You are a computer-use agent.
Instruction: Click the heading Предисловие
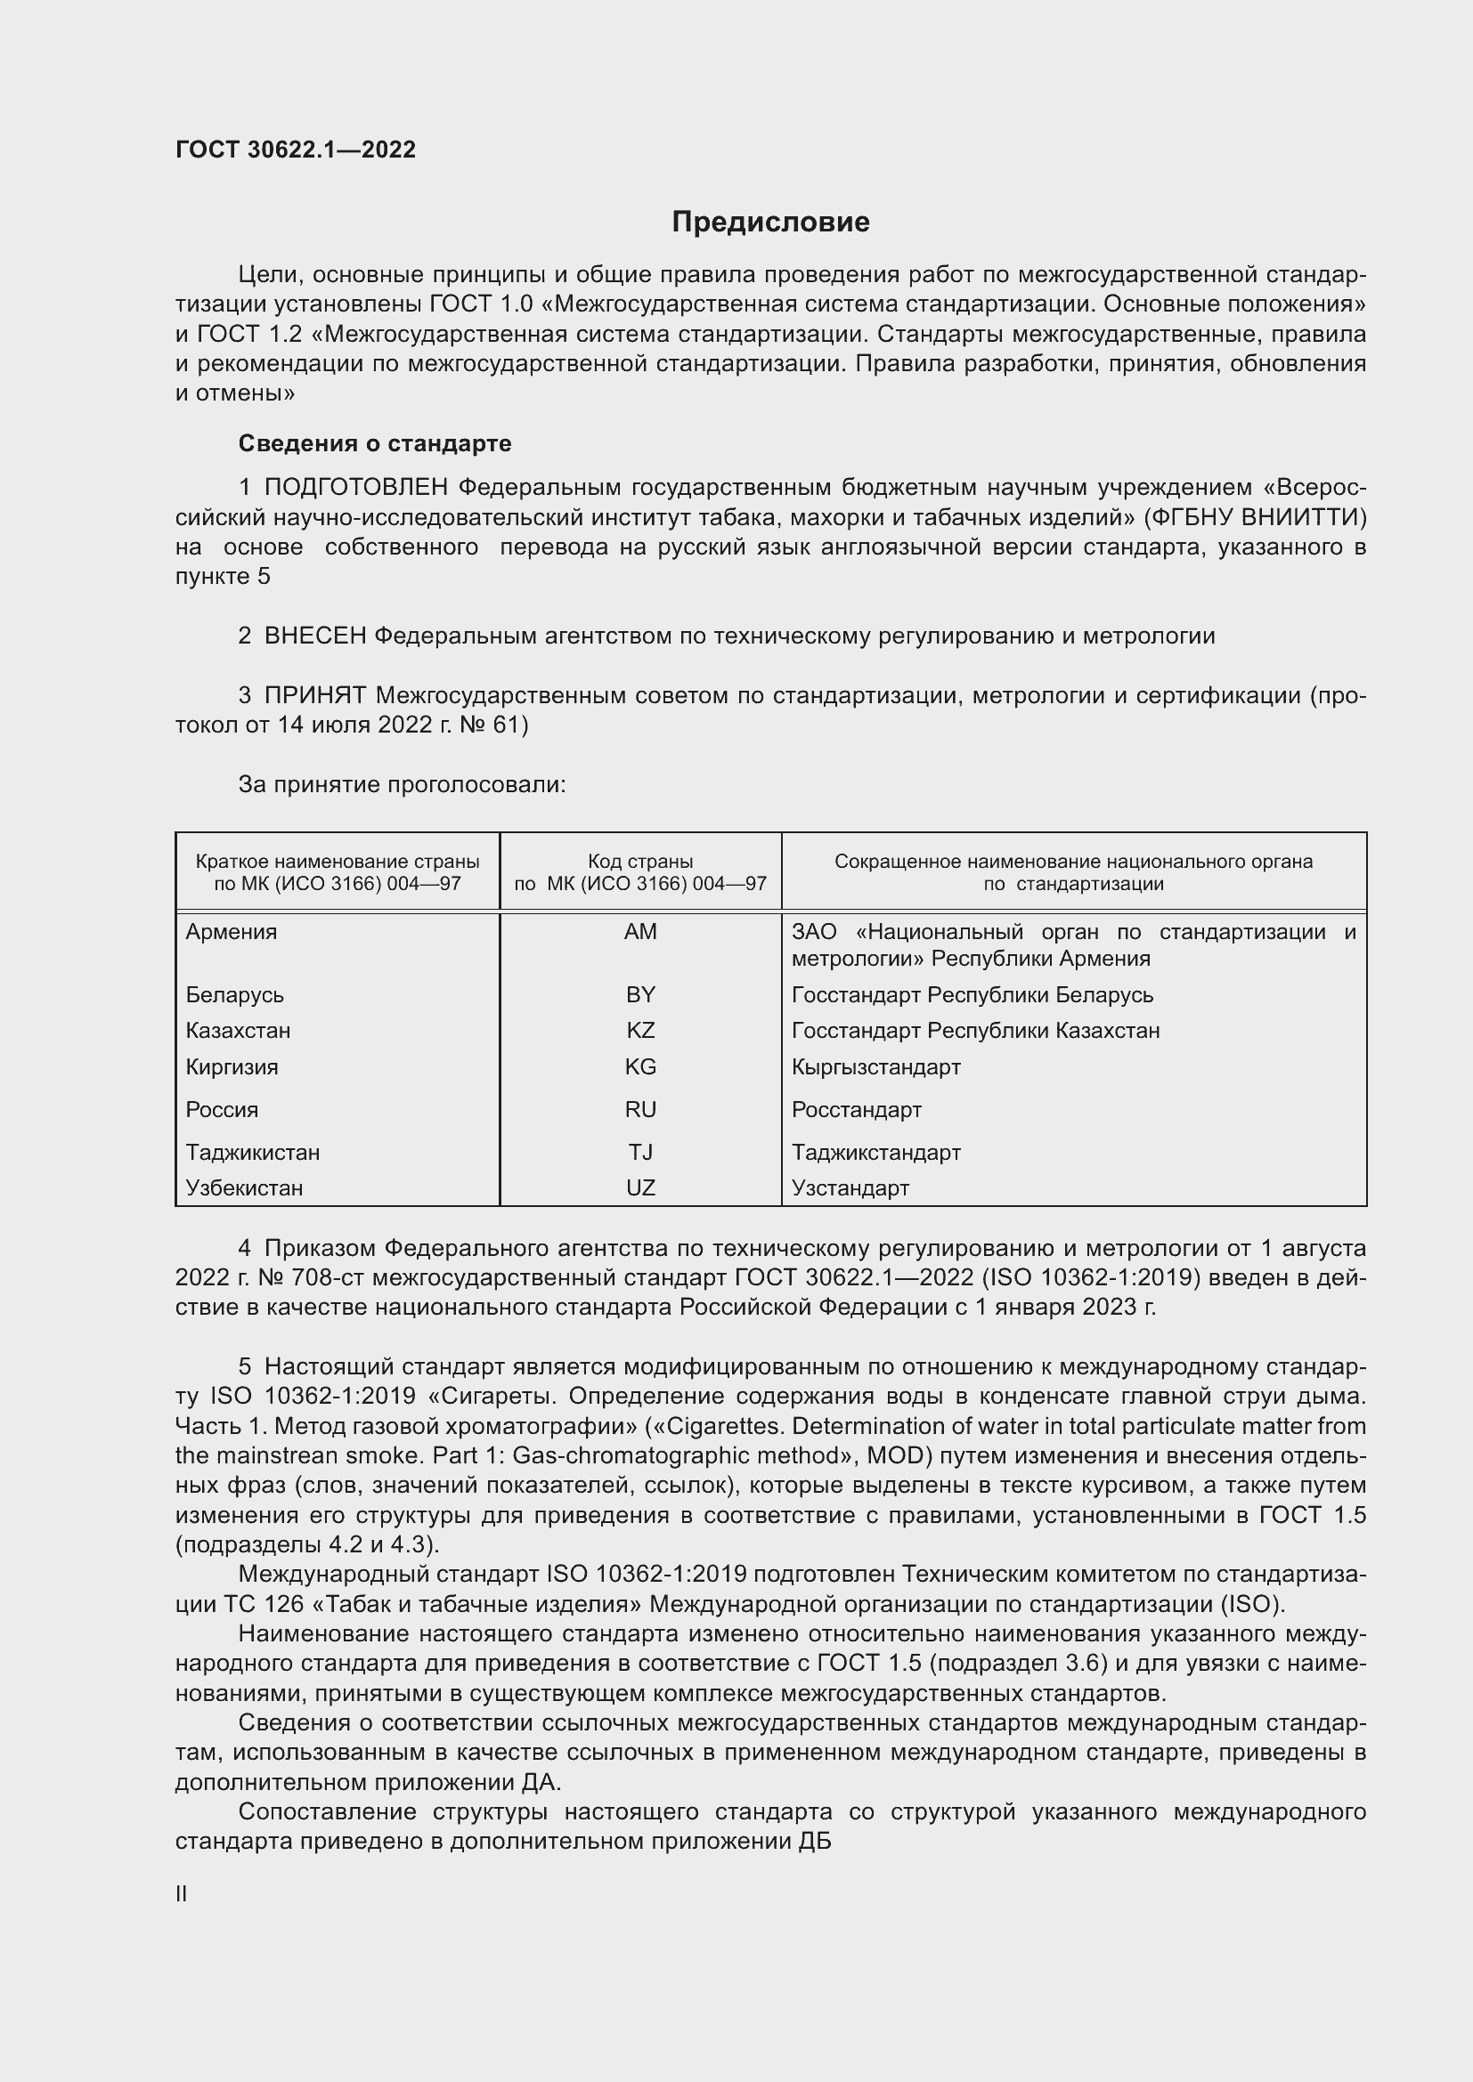pos(770,223)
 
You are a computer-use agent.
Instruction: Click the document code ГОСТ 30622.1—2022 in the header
pos(296,150)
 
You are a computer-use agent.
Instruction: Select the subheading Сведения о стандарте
pos(375,443)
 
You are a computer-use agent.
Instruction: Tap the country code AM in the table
pos(640,931)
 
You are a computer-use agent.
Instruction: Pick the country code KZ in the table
pos(640,1030)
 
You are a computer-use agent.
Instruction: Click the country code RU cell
pos(640,1109)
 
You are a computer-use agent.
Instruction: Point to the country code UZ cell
pos(640,1187)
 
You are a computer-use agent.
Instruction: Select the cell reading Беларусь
pos(235,995)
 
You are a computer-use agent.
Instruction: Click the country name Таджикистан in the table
pos(253,1152)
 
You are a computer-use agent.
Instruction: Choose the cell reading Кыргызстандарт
pos(876,1066)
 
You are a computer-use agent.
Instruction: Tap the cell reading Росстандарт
pos(856,1109)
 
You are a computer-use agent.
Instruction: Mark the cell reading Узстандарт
pos(850,1187)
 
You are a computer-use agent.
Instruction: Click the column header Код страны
pos(640,862)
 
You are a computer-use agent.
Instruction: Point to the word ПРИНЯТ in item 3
pos(315,695)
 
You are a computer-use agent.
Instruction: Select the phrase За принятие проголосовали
pos(402,784)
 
